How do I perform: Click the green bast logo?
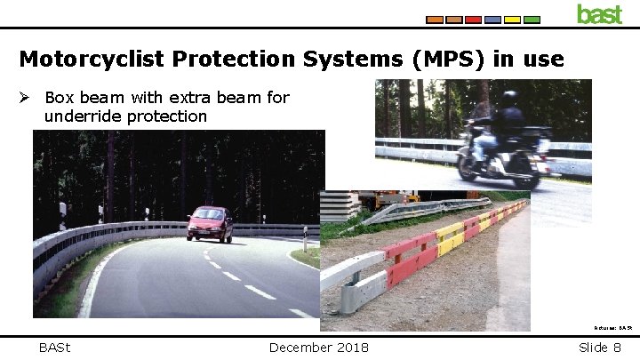tap(599, 14)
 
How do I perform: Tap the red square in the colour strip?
tap(473, 19)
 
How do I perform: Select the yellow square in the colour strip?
tap(512, 19)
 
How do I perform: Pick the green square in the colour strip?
tap(532, 19)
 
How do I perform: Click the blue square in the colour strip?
tap(492, 19)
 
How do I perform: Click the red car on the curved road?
tap(211, 223)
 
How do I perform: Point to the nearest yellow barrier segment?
tap(451, 238)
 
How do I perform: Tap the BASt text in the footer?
tap(56, 347)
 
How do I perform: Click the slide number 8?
tap(616, 347)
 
